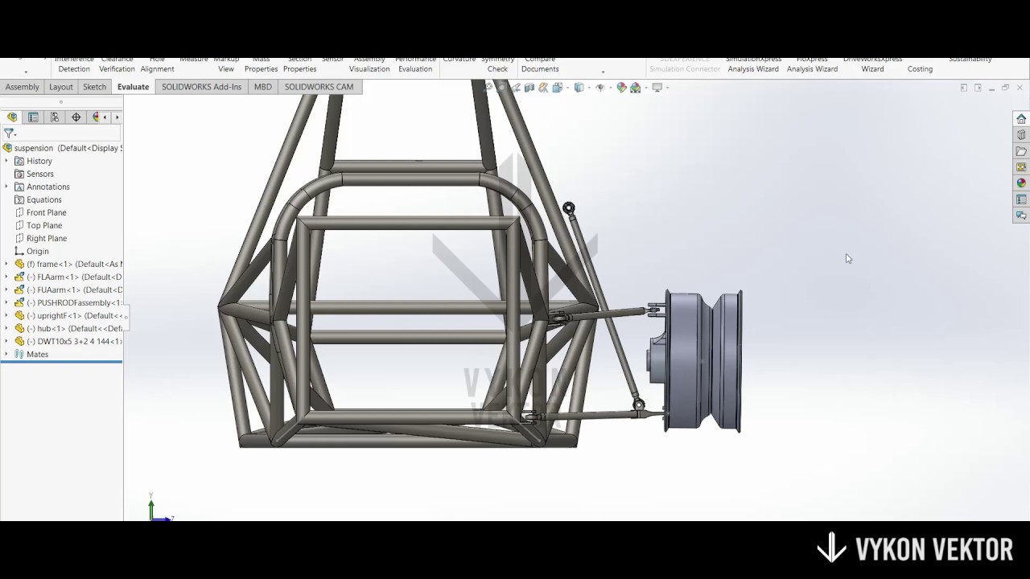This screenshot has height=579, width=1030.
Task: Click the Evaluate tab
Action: pos(133,87)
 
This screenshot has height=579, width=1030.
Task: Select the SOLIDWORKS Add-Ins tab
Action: pos(201,87)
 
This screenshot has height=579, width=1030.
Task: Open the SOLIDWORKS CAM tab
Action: pos(319,87)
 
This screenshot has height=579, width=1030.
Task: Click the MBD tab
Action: pos(262,87)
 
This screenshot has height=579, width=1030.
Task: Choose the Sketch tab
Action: pos(94,87)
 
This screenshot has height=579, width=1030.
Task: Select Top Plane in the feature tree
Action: pos(44,225)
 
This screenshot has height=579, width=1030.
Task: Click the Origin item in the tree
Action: pos(37,251)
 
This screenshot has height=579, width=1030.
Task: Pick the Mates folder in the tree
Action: pos(37,354)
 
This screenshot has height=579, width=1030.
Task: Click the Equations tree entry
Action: pos(43,199)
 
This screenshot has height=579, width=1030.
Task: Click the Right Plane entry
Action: pos(47,238)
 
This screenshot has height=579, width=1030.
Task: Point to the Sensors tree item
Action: pos(39,174)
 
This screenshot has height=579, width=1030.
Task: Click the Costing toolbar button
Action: pos(920,68)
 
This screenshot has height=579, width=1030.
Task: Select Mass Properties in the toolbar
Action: pos(261,64)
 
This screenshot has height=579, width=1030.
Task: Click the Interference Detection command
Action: pos(74,64)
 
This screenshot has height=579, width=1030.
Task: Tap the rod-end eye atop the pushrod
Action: pos(569,208)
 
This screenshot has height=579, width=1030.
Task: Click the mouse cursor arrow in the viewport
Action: pos(848,258)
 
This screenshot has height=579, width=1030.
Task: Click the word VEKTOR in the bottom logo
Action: pos(968,549)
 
